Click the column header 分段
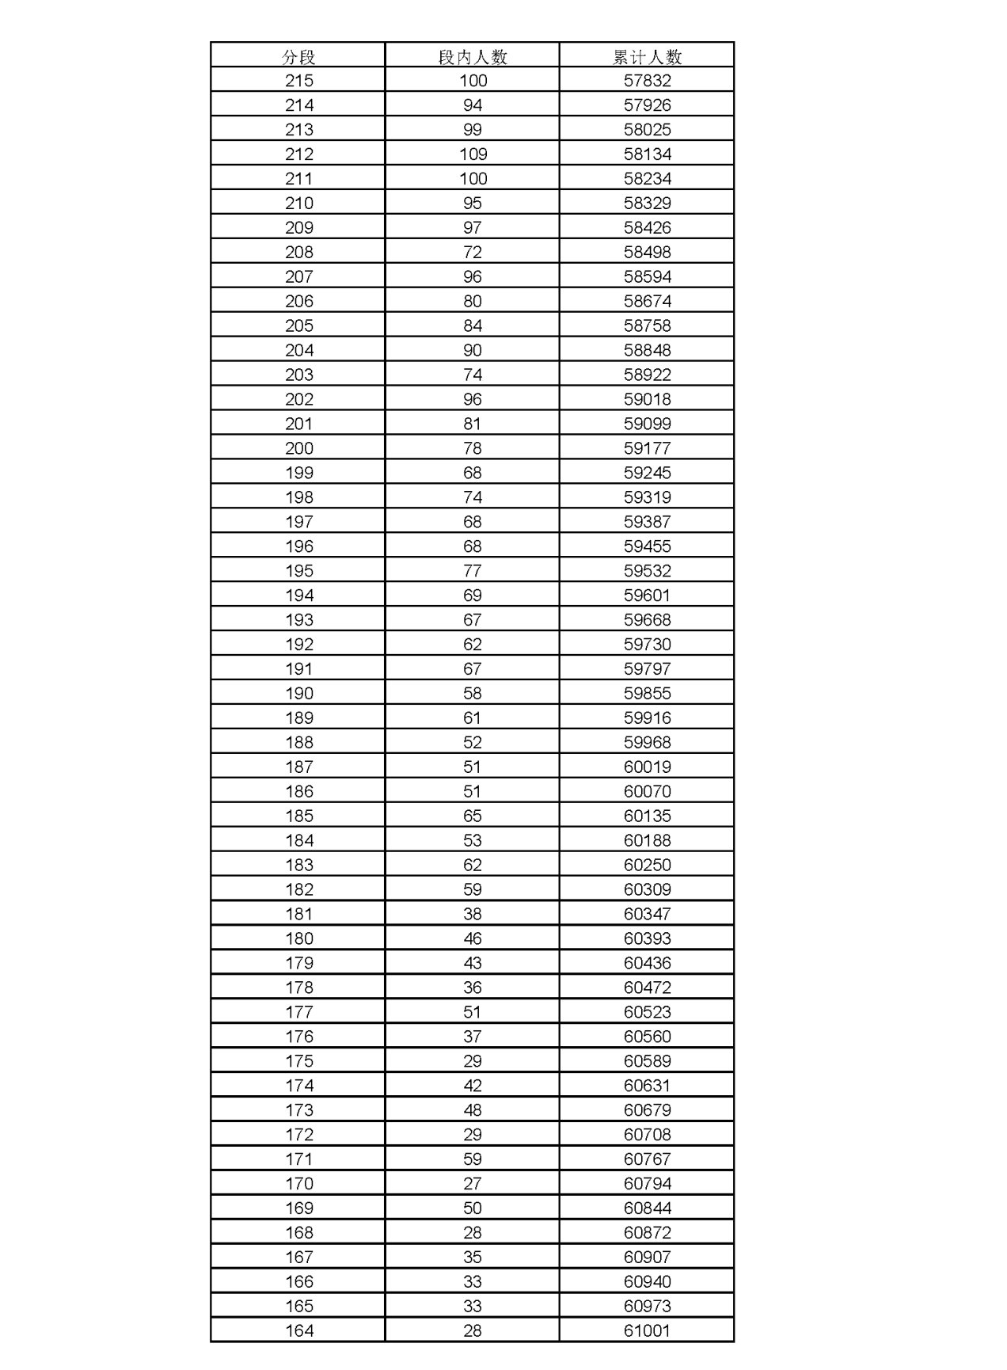[x=298, y=56]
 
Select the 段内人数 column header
[x=473, y=56]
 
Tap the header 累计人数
[x=647, y=56]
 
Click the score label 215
[x=298, y=81]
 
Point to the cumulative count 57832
[x=647, y=81]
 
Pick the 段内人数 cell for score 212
[x=473, y=154]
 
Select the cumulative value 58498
[x=647, y=253]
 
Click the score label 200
[x=298, y=448]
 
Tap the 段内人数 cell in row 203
[x=473, y=375]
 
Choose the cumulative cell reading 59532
[x=647, y=571]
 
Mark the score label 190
[x=298, y=694]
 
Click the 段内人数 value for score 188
[x=473, y=743]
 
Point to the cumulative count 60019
[x=647, y=767]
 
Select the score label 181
[x=298, y=914]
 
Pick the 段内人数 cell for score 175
[x=473, y=1061]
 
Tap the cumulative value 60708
[x=647, y=1135]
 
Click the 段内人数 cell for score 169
[x=473, y=1208]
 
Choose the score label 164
[x=298, y=1331]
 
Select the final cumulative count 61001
[x=647, y=1331]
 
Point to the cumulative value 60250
[x=647, y=865]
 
